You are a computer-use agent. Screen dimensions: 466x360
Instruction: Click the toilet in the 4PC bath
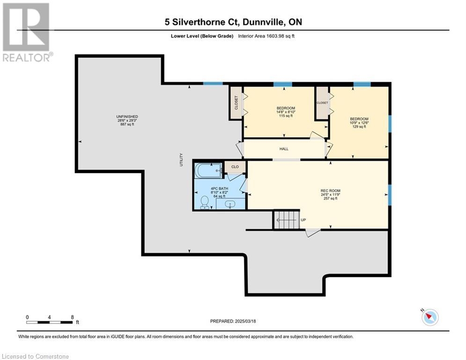205,202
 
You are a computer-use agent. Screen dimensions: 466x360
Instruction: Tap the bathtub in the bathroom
208,171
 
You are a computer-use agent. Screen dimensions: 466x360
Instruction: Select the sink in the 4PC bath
230,205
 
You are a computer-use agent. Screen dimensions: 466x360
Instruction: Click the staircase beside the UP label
286,220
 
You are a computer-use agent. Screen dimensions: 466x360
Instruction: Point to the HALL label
284,149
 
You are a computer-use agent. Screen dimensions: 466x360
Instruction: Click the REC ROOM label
331,191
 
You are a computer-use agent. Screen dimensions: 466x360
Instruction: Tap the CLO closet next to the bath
235,167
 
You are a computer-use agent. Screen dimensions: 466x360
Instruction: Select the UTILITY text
181,160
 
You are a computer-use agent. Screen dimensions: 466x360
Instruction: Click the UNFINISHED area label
127,117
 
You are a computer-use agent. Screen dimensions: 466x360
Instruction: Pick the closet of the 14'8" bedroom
236,103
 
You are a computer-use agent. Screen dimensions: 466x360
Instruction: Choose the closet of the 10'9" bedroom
322,103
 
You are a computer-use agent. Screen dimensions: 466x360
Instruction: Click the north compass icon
430,317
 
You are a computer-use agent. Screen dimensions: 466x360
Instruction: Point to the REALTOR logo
27,32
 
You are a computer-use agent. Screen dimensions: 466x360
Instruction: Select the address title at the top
233,22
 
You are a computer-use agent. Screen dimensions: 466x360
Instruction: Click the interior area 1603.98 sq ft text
266,36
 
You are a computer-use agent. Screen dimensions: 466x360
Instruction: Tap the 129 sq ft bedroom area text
359,127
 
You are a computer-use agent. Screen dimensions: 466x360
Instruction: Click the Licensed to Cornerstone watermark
36,356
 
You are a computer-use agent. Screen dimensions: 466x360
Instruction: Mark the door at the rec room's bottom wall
313,232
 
